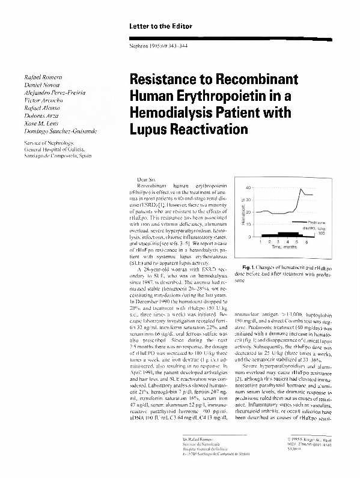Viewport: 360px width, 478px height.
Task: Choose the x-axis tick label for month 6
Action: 306,241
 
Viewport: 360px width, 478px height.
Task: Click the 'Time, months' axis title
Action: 284,247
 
